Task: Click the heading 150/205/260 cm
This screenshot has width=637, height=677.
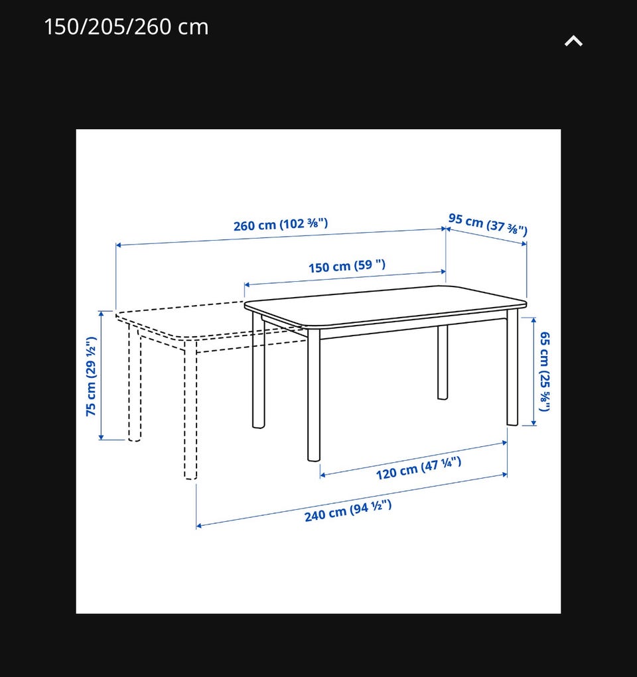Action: pyautogui.click(x=126, y=27)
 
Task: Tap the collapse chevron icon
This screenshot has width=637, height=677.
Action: pyautogui.click(x=573, y=41)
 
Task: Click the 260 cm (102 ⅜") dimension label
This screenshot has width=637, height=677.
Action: pyautogui.click(x=281, y=225)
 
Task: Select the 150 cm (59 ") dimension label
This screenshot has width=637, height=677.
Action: pyautogui.click(x=346, y=266)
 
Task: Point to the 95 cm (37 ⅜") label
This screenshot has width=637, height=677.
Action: pyautogui.click(x=488, y=225)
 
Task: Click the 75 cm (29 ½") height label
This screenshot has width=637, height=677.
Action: pyautogui.click(x=91, y=376)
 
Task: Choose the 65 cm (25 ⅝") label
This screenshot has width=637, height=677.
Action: pyautogui.click(x=545, y=371)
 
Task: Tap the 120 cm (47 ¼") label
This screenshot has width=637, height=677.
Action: pyautogui.click(x=418, y=468)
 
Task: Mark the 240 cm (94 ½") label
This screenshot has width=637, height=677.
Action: pyautogui.click(x=348, y=511)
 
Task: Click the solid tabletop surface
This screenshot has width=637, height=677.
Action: pyautogui.click(x=386, y=306)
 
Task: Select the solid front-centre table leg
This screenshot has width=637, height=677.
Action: pyautogui.click(x=314, y=395)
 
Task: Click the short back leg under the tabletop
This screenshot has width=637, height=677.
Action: pyautogui.click(x=443, y=362)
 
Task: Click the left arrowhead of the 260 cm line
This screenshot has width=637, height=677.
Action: pyautogui.click(x=118, y=245)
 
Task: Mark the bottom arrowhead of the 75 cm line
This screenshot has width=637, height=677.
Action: pyautogui.click(x=101, y=438)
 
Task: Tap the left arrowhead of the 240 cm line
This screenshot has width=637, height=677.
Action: pyautogui.click(x=199, y=526)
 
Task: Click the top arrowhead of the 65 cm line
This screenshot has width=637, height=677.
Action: pyautogui.click(x=533, y=320)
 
